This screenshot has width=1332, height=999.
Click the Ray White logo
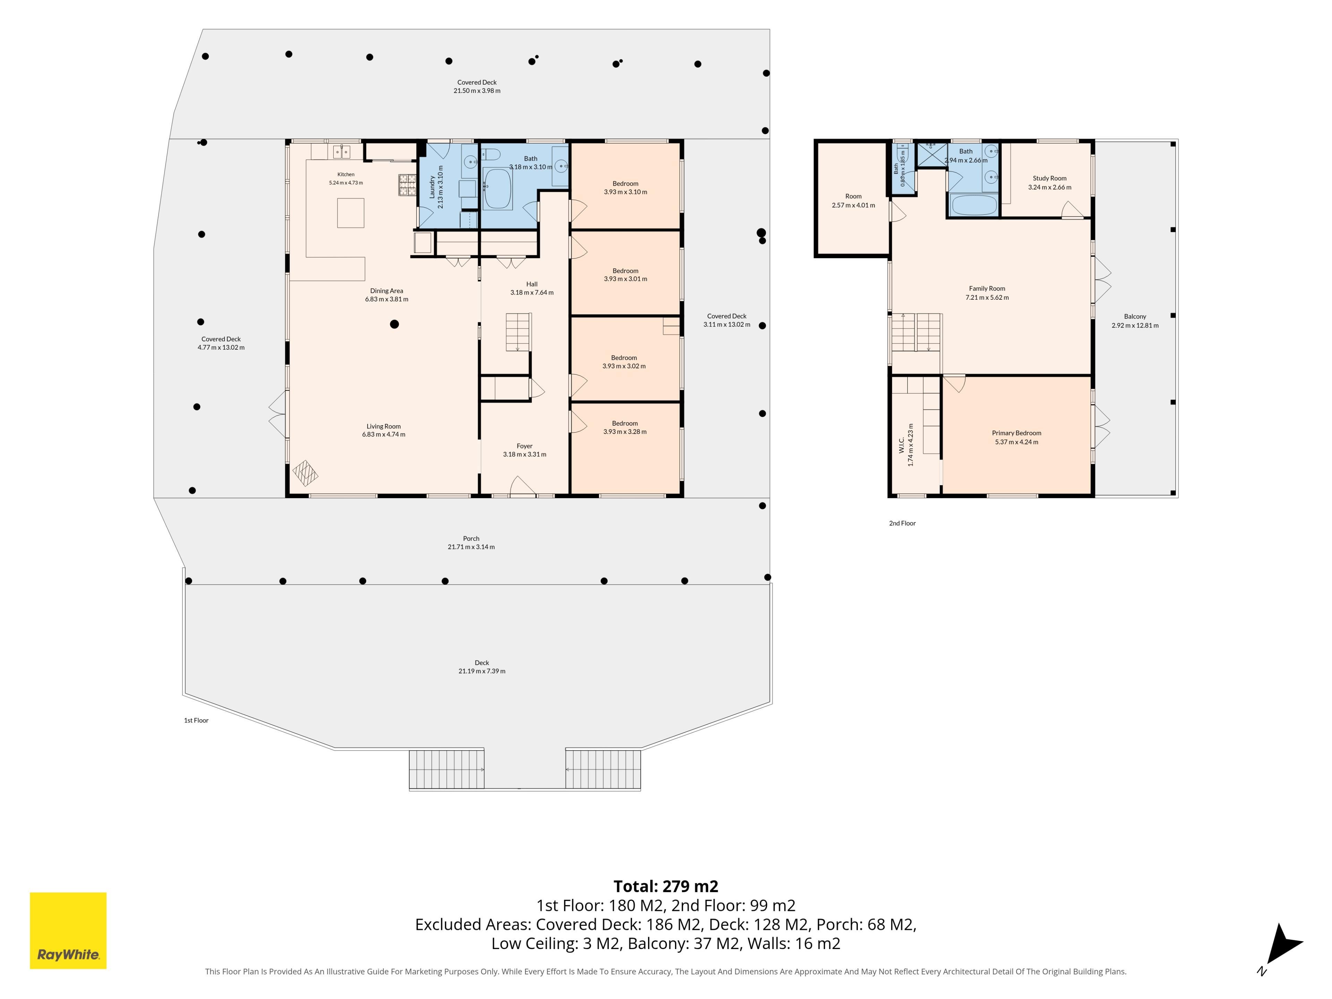point(68,930)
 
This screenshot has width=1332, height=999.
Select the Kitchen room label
point(345,174)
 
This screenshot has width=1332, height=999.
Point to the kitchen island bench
point(350,213)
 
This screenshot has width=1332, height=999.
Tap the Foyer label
point(524,446)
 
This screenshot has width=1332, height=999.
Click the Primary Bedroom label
point(1016,433)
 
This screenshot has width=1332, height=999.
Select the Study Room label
point(1050,178)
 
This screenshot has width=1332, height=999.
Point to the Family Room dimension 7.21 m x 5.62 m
point(987,298)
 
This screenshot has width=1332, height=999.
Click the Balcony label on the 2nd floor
point(1135,317)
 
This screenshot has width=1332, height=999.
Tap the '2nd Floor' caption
point(902,523)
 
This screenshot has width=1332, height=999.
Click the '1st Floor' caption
point(196,720)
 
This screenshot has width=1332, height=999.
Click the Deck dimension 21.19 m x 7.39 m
point(482,671)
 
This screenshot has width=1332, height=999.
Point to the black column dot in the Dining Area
point(394,324)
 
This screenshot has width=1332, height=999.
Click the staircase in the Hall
point(518,332)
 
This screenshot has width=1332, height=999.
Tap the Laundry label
point(432,187)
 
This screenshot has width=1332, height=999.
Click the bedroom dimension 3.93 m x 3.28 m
point(625,432)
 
